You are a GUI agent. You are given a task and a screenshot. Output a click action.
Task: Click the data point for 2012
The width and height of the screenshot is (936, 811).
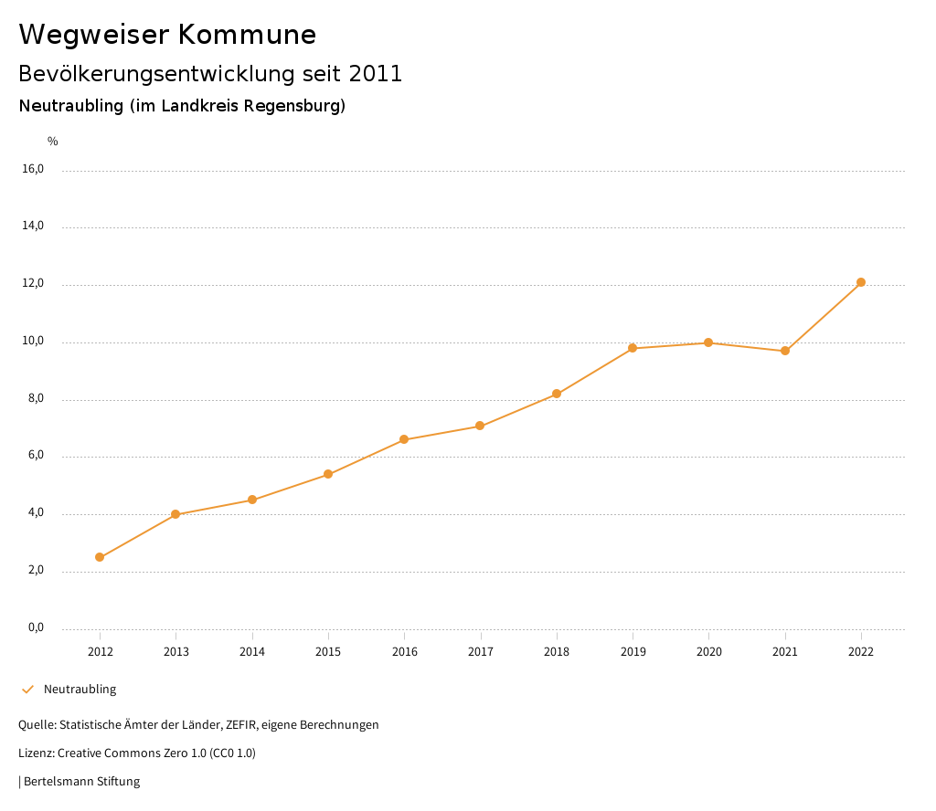click(100, 557)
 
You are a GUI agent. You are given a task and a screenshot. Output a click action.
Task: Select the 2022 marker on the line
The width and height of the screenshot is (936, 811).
click(861, 282)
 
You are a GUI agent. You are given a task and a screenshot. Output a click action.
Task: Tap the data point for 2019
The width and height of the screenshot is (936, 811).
click(633, 348)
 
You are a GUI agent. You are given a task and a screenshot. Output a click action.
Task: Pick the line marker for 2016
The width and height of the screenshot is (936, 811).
click(404, 439)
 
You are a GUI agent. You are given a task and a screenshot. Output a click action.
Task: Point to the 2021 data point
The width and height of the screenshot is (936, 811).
click(785, 351)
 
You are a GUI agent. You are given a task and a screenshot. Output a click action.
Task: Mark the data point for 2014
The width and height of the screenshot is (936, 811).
click(252, 500)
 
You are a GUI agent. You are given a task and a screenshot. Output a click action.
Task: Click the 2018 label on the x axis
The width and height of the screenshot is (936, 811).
click(557, 652)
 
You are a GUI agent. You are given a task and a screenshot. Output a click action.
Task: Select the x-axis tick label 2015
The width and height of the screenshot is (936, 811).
click(328, 652)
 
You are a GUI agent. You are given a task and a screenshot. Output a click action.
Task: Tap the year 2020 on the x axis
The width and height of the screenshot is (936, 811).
click(709, 652)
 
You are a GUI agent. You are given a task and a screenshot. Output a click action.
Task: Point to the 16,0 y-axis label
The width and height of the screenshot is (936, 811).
click(33, 169)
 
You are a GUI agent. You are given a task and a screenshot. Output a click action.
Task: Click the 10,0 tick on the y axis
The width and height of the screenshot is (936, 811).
click(33, 342)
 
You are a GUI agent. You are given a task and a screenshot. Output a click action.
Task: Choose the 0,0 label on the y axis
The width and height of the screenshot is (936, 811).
click(35, 627)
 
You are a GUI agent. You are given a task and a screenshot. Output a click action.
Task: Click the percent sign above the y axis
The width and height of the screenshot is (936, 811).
click(53, 142)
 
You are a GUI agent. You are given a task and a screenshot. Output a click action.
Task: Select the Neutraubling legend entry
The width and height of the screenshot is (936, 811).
click(80, 690)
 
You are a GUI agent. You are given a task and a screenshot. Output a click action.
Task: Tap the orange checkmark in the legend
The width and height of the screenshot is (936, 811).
click(27, 690)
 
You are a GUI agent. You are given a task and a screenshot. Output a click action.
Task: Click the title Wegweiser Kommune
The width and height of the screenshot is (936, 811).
click(167, 35)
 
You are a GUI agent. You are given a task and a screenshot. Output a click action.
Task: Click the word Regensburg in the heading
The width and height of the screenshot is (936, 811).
click(297, 106)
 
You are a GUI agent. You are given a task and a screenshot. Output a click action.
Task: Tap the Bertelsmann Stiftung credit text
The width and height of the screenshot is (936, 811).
click(81, 782)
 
